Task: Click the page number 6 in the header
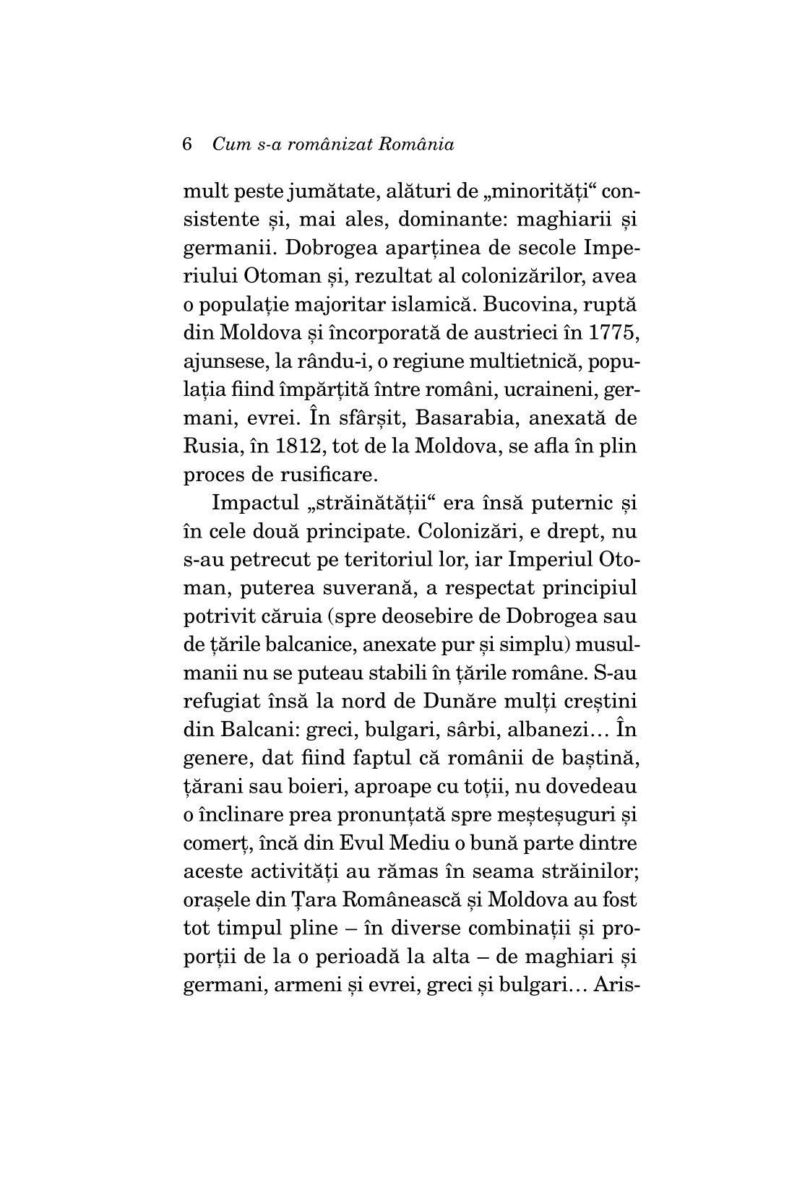coord(189,144)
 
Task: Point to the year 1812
coord(283,446)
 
